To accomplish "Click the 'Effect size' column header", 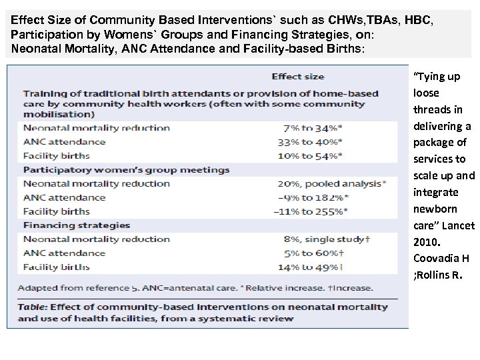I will click(x=298, y=76).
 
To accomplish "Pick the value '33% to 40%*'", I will click(x=311, y=141).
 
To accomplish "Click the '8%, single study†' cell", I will click(x=323, y=239).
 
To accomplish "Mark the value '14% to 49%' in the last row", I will click(x=310, y=267).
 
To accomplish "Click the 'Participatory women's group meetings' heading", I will click(x=127, y=169).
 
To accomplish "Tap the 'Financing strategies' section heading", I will click(x=77, y=225).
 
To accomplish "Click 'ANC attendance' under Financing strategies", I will click(x=65, y=253).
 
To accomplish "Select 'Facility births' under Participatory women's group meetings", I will click(x=57, y=211).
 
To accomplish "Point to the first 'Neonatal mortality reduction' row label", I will click(x=97, y=128).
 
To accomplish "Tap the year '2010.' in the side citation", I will click(x=427, y=242).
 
